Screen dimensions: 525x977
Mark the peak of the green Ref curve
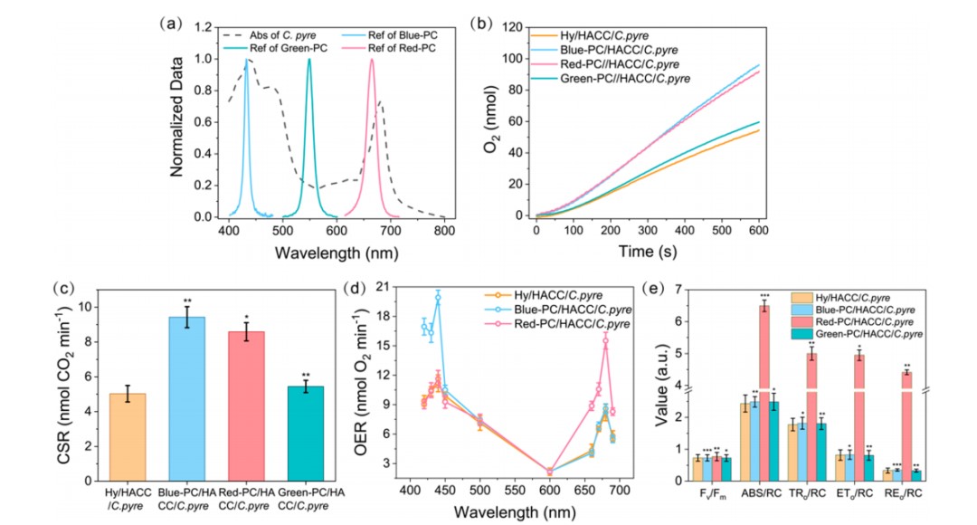click(309, 60)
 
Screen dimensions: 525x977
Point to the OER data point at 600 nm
click(550, 472)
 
